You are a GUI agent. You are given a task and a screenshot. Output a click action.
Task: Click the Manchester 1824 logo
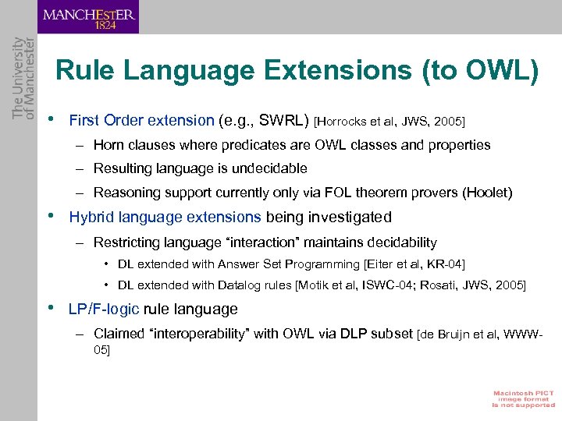click(x=88, y=17)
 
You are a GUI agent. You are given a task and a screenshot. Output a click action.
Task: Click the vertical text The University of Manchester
click(x=19, y=77)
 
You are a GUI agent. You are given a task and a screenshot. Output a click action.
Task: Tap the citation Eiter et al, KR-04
click(x=414, y=265)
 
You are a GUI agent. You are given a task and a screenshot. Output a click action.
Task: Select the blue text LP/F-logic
click(x=104, y=310)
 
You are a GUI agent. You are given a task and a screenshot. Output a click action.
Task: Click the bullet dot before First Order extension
click(x=51, y=120)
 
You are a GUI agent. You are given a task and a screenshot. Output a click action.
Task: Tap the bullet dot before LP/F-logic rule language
click(x=51, y=309)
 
